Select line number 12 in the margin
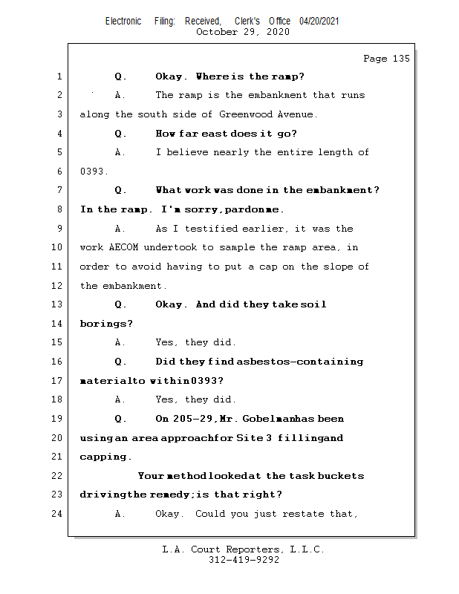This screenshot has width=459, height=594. coord(59,286)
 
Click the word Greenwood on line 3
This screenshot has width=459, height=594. coord(245,114)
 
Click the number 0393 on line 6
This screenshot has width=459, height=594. coord(94,172)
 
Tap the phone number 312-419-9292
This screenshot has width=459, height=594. coord(244,561)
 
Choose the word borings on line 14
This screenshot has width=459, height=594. coord(106,324)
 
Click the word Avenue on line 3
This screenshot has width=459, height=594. coord(296,114)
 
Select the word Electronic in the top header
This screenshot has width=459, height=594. coord(123,21)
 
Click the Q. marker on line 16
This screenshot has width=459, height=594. coord(121,362)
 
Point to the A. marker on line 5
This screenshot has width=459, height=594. coord(120,152)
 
